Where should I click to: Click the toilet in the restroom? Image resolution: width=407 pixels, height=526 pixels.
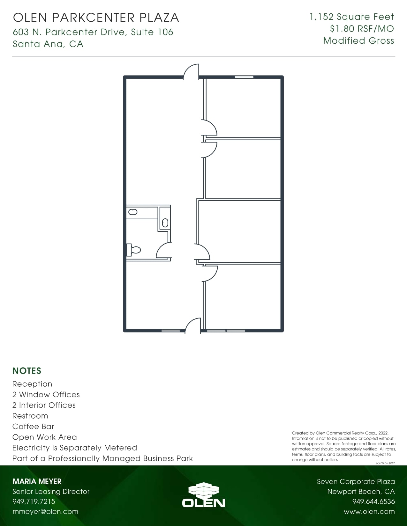click(x=134, y=250)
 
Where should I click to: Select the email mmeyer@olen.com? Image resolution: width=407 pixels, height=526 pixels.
click(x=45, y=511)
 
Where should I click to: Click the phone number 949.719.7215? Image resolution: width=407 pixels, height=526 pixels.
click(x=34, y=501)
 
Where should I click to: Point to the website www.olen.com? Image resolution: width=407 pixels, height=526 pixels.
click(x=369, y=511)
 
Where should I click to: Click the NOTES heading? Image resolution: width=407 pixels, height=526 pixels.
click(x=27, y=371)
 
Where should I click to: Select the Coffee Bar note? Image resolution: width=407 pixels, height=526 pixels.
click(x=33, y=426)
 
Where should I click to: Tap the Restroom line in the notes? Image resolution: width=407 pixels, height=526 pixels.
click(x=30, y=416)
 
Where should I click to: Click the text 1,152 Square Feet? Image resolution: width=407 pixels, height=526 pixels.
click(x=352, y=17)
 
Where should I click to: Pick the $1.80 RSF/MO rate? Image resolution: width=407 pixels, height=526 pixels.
click(x=362, y=29)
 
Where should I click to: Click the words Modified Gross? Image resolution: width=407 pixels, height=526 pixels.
click(x=358, y=41)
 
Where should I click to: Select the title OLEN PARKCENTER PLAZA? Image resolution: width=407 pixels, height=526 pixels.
click(x=96, y=18)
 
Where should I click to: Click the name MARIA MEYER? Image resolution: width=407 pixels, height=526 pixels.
click(x=37, y=481)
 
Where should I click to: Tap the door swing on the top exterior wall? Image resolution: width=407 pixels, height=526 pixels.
click(x=192, y=71)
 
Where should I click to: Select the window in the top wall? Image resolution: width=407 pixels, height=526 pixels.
click(x=244, y=77)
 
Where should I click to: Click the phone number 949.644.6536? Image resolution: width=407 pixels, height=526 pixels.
click(x=373, y=501)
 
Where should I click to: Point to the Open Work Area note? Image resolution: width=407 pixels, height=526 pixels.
click(x=45, y=437)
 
